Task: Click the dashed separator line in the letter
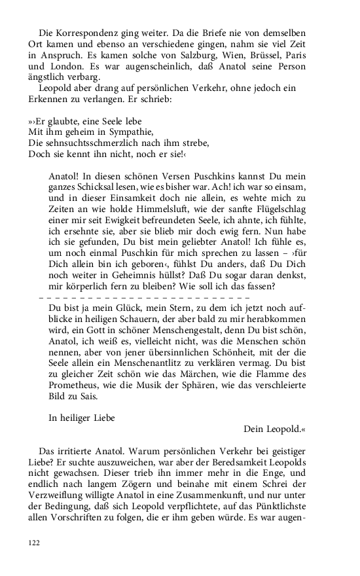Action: coord(144,297)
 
